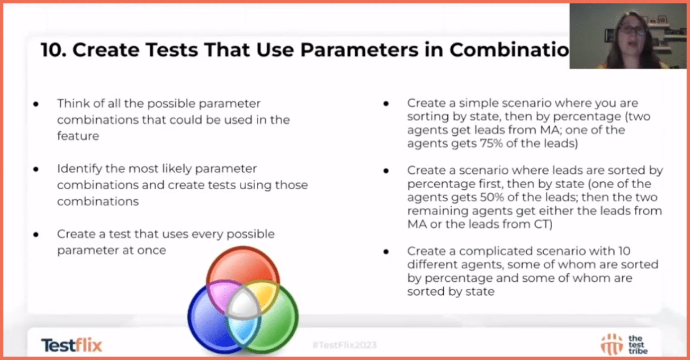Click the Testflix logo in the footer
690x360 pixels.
tap(72, 345)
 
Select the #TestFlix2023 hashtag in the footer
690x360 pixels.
tap(344, 345)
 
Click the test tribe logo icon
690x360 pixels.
tap(612, 344)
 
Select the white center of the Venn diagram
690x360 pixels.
tap(243, 305)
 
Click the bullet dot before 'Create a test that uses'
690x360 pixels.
tap(36, 234)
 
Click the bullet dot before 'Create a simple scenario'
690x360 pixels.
tap(386, 104)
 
